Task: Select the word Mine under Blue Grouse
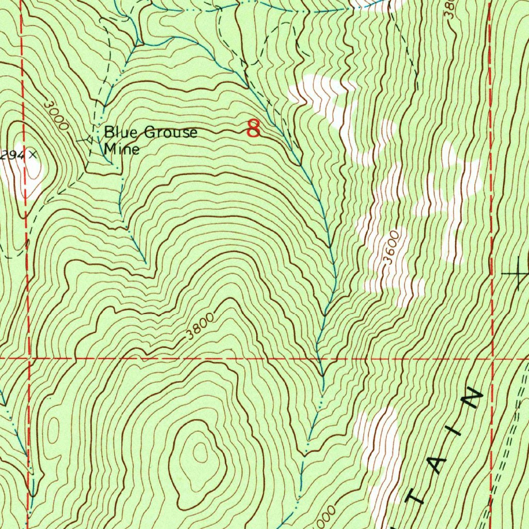pyautogui.click(x=121, y=150)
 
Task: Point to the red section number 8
pyautogui.click(x=253, y=128)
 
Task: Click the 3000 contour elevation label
pyautogui.click(x=55, y=114)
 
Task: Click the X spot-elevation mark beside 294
pyautogui.click(x=33, y=154)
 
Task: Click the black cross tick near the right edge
pyautogui.click(x=519, y=272)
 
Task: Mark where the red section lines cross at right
pyautogui.click(x=493, y=357)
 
